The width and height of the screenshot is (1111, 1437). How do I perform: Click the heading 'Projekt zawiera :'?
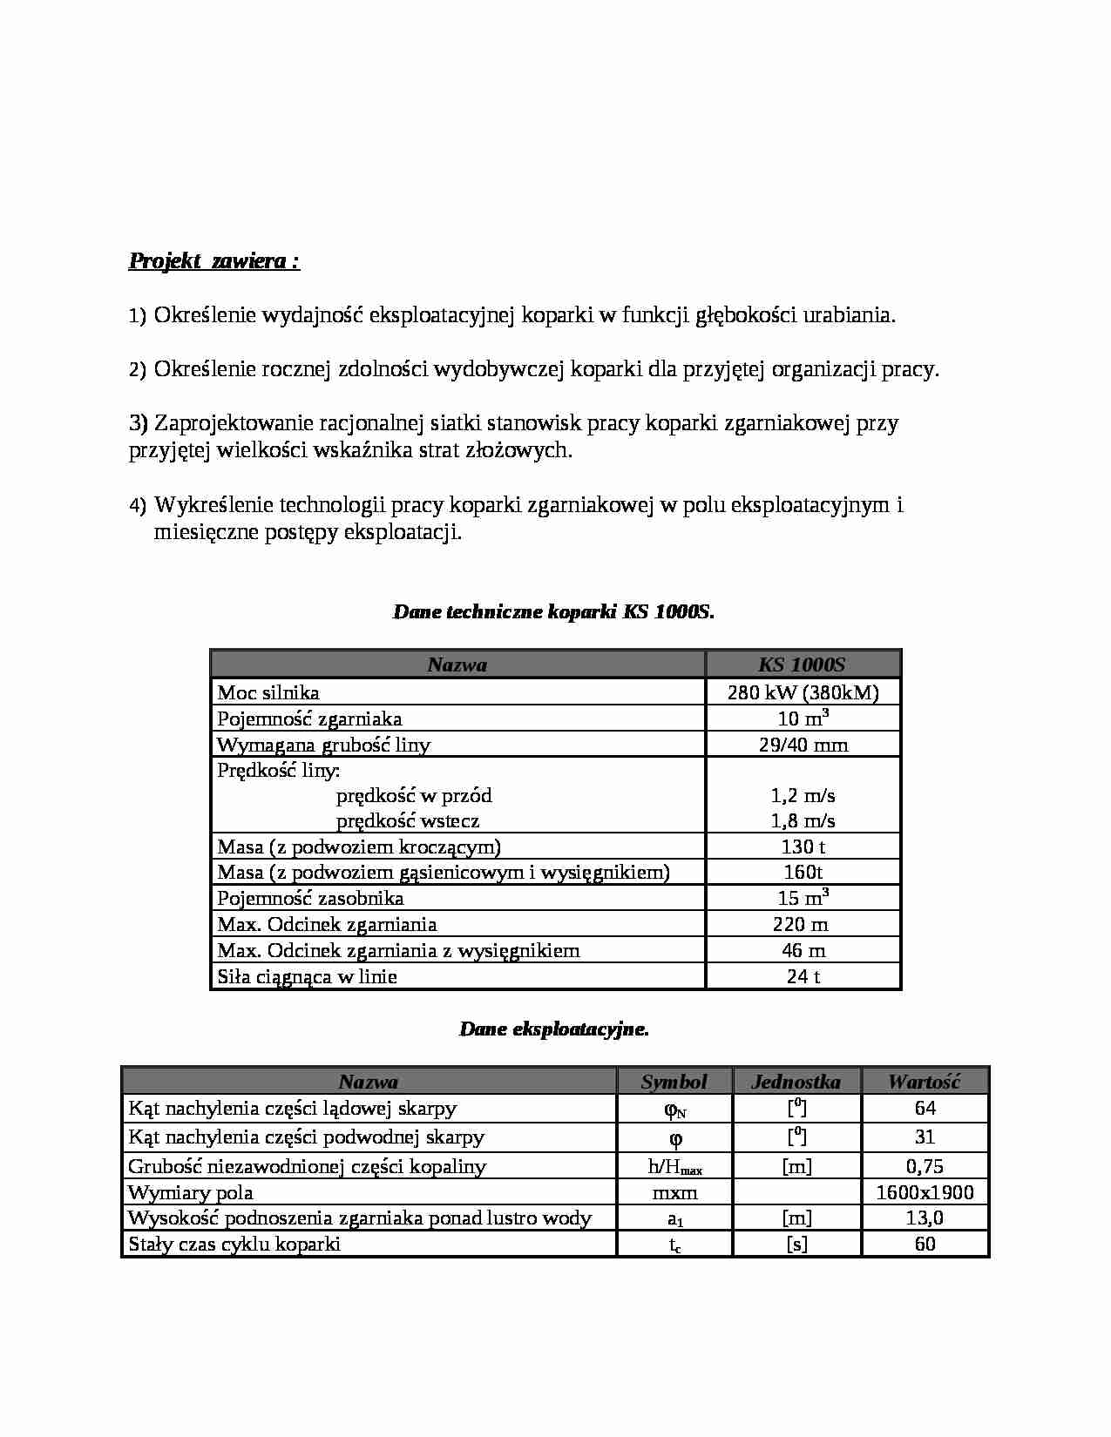click(214, 261)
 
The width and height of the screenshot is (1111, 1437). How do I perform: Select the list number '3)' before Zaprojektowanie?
click(139, 423)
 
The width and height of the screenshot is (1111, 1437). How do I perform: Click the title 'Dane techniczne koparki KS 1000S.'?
click(553, 611)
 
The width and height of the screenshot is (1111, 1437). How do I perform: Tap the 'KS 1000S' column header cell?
click(802, 665)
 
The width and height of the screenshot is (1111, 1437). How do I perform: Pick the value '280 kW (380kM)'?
click(803, 692)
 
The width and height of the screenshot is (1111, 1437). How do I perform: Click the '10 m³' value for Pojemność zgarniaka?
click(803, 718)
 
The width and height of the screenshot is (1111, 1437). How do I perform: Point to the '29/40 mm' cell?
click(803, 745)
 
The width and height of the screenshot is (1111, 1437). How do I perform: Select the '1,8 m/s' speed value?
click(803, 820)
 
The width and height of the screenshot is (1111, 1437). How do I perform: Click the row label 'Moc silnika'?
click(268, 692)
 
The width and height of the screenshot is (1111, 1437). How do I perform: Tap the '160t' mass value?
click(803, 872)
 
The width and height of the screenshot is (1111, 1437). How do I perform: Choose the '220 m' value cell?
click(801, 924)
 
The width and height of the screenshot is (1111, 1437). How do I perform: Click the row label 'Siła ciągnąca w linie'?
click(307, 976)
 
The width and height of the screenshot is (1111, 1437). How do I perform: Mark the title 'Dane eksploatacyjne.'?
click(553, 1029)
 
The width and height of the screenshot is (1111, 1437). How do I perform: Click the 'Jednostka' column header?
click(796, 1082)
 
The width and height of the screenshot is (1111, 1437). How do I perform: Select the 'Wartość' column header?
click(924, 1082)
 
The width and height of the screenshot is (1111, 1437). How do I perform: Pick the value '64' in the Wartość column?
click(925, 1108)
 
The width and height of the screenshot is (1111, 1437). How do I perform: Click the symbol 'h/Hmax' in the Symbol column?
click(674, 1167)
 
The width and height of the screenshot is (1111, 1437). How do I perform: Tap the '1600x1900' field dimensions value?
click(925, 1192)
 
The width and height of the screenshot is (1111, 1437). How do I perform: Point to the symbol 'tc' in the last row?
click(674, 1245)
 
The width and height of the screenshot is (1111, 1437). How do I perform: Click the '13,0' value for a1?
click(925, 1218)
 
